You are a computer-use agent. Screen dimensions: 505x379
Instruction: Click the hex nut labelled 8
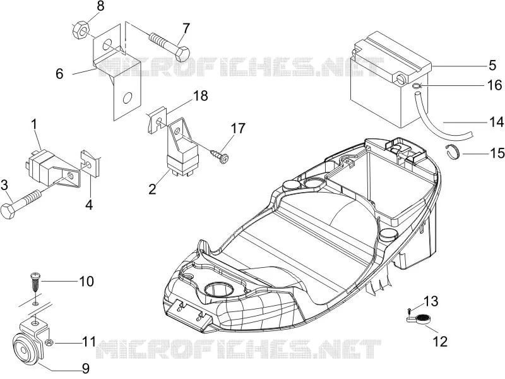[x=81, y=31]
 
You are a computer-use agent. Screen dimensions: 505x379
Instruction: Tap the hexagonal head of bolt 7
[x=182, y=54]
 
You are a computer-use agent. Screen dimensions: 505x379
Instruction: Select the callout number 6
[x=59, y=74]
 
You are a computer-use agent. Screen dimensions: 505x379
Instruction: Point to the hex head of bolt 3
[x=8, y=210]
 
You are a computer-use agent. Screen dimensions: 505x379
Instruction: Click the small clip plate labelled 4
[x=90, y=164]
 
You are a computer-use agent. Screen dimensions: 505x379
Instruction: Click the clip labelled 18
[x=157, y=120]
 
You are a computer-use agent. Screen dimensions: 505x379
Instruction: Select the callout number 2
[x=152, y=189]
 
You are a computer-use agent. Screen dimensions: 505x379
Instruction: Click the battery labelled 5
[x=391, y=81]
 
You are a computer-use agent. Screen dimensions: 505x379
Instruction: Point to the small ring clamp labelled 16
[x=417, y=86]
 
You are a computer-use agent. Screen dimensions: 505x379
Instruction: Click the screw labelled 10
[x=35, y=282]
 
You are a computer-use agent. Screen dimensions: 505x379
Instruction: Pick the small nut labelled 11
[x=49, y=342]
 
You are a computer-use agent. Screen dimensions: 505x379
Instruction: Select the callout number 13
[x=431, y=302]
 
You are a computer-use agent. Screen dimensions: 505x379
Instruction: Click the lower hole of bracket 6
[x=128, y=98]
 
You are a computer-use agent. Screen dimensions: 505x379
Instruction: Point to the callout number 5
[x=492, y=65]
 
